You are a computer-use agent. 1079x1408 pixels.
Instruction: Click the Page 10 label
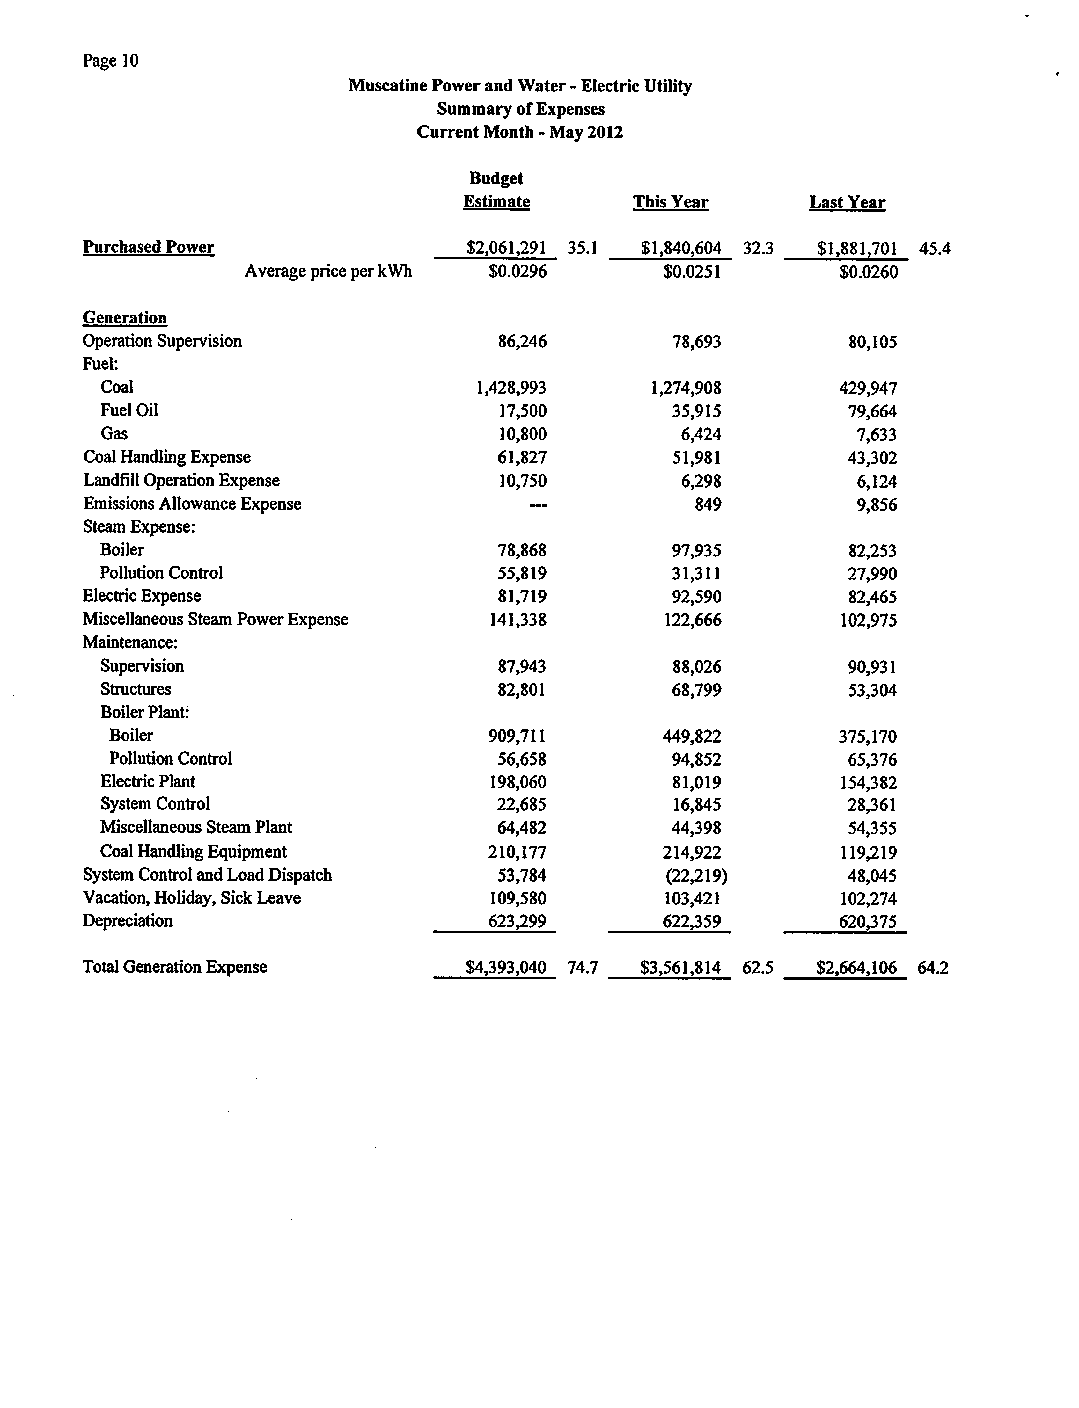(110, 61)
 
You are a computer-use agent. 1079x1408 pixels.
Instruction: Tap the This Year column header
(671, 202)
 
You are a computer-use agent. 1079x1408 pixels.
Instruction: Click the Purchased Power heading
(148, 247)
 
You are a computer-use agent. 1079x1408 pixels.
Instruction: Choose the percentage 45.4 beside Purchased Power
(935, 249)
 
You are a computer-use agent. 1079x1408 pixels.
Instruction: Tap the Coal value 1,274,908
(686, 388)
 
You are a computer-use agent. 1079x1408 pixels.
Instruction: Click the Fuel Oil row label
(129, 410)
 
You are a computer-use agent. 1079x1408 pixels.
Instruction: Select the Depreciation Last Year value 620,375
(867, 922)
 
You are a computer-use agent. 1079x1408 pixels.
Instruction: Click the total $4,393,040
(506, 968)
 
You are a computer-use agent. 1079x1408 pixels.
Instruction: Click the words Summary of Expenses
(520, 109)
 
